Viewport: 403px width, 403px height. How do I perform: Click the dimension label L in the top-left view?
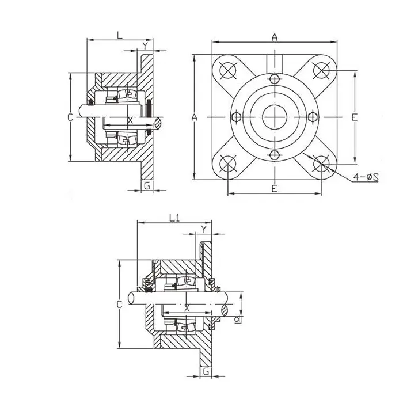tap(119, 35)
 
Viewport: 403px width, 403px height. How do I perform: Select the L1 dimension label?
tap(176, 218)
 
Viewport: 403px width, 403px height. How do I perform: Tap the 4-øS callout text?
tap(365, 177)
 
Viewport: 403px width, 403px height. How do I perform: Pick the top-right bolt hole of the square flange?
tap(322, 70)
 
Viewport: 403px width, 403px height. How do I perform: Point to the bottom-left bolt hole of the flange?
tap(227, 164)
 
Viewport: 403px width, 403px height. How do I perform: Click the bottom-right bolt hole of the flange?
tap(322, 164)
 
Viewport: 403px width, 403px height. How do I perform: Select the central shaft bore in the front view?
tap(275, 117)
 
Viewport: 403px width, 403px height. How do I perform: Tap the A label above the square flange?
tap(275, 37)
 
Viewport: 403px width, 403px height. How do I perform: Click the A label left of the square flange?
tap(195, 117)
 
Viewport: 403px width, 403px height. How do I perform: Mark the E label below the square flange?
tap(275, 188)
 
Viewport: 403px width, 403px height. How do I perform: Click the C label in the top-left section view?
tap(70, 117)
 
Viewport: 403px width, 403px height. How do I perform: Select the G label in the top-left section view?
tap(147, 185)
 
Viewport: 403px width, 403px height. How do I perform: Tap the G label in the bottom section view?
tap(206, 371)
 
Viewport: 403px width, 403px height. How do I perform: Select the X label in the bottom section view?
tap(187, 309)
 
